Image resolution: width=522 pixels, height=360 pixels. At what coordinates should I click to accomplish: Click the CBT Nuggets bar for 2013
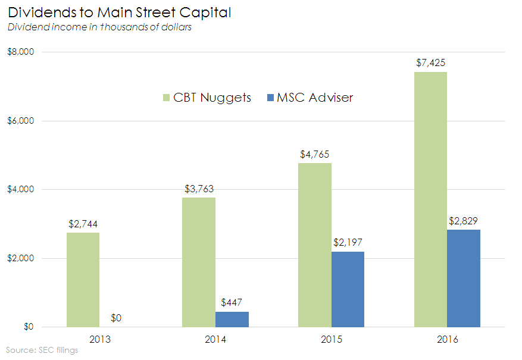coord(83,280)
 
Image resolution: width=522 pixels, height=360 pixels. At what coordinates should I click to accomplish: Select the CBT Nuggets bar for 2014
coord(199,262)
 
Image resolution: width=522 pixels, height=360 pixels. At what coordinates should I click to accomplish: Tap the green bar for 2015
coord(315,245)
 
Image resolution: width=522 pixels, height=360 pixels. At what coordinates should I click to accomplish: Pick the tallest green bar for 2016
coord(430,199)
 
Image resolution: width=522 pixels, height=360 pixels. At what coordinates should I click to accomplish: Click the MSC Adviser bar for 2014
coord(232,320)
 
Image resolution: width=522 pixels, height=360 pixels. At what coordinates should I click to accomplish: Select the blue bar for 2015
coord(348,289)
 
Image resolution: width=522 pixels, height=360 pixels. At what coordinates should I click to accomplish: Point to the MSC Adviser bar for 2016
coord(464,278)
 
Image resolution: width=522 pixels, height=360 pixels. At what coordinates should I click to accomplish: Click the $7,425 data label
coord(430,62)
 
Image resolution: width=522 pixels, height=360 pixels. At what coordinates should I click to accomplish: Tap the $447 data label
coord(232,302)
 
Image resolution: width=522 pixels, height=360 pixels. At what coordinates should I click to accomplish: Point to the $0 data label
coord(116,318)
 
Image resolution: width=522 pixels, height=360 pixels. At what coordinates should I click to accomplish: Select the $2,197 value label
coord(348,242)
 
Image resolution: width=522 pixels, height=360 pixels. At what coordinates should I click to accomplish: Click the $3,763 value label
coord(199,189)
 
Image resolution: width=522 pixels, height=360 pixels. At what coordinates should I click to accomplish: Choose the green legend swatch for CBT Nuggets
coord(166,98)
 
